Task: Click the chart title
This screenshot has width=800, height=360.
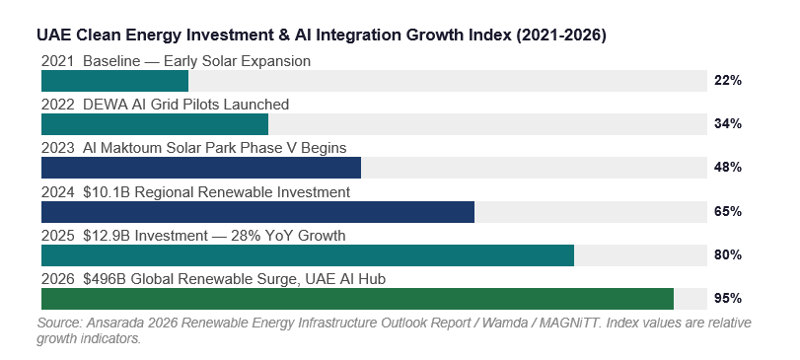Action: (x=322, y=36)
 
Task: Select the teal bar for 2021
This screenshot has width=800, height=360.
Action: (x=114, y=81)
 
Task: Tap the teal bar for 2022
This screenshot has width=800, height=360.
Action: (x=155, y=124)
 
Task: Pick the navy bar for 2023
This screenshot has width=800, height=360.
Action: (x=201, y=168)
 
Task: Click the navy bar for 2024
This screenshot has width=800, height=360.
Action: (x=257, y=212)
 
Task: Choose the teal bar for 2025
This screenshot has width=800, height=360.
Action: (x=308, y=254)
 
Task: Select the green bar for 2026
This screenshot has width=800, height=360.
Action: (x=357, y=299)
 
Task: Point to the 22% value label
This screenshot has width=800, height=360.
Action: (x=728, y=81)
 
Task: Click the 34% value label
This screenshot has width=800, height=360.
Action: (x=728, y=124)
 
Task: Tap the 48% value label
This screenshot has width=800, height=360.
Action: (x=728, y=168)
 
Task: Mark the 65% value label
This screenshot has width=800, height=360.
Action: (x=728, y=211)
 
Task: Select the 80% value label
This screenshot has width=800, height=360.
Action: (x=728, y=254)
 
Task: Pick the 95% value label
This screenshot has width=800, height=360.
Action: (x=728, y=298)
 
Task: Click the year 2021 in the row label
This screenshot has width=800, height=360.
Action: (x=57, y=61)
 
